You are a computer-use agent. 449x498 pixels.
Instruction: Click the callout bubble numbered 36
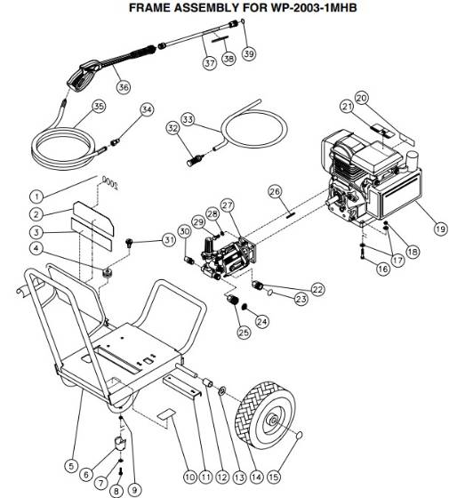point(123,86)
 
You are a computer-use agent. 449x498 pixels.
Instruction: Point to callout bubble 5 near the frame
point(71,464)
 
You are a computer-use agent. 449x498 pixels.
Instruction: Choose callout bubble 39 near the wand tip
point(248,53)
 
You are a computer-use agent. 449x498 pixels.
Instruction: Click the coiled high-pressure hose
point(71,142)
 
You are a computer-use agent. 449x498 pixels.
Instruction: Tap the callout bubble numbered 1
point(36,195)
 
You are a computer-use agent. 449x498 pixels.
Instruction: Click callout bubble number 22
point(317,288)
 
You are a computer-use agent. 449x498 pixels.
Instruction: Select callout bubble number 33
point(187,119)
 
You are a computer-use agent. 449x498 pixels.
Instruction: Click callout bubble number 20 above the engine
point(361,97)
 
